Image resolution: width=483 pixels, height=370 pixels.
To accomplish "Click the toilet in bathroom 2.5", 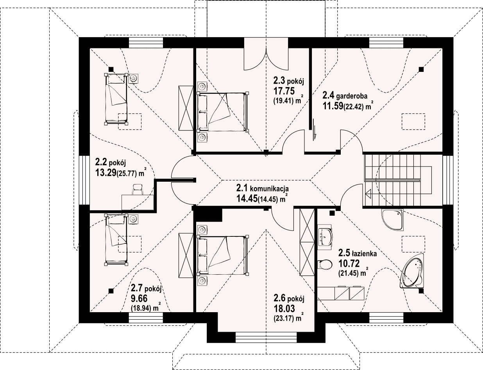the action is (325, 264).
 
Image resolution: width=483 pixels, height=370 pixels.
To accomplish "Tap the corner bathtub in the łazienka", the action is (413, 271).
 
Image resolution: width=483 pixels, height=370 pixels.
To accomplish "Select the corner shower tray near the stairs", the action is (392, 219).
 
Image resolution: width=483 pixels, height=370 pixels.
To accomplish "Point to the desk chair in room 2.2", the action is (138, 189).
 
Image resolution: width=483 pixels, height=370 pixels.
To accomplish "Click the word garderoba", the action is (352, 96).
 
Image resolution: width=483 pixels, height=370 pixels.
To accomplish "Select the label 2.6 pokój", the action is (289, 299).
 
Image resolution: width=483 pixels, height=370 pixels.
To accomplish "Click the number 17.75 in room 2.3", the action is (284, 91).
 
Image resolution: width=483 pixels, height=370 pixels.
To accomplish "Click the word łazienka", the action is (364, 253).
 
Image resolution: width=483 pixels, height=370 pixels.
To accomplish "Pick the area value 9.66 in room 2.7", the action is (139, 299).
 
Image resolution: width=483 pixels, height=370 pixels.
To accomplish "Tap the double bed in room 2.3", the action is (223, 112).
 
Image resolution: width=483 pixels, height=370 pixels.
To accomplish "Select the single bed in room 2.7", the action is (116, 240).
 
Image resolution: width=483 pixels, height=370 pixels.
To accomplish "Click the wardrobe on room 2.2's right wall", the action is (186, 108).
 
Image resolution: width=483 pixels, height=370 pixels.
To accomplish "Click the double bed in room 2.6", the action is (223, 255).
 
